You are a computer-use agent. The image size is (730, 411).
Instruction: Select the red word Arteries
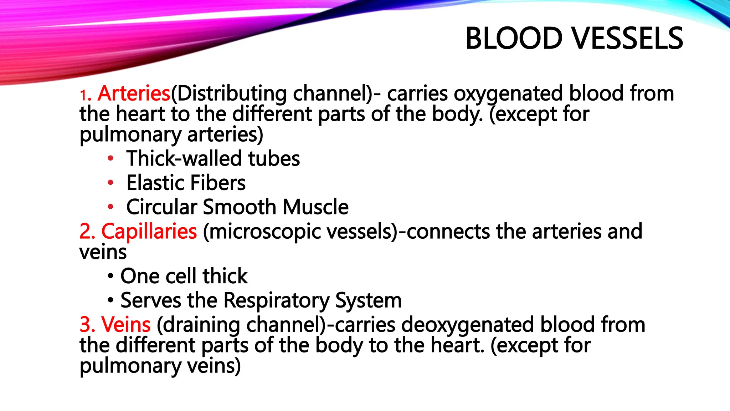click(134, 93)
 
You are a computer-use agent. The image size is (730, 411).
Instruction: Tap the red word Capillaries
click(149, 231)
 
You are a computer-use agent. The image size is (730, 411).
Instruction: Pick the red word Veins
click(126, 325)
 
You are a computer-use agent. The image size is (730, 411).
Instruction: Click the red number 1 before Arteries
click(83, 96)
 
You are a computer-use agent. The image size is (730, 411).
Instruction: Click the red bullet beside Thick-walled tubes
click(110, 158)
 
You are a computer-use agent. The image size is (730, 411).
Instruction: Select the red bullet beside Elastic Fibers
click(110, 183)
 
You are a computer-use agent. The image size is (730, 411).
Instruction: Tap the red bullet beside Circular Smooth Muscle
click(110, 207)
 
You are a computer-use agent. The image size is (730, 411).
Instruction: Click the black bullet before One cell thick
click(110, 276)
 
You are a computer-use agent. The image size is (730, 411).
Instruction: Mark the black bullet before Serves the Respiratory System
click(110, 301)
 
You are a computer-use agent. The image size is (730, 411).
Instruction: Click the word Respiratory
click(276, 301)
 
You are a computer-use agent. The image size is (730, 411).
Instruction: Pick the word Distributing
click(232, 93)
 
